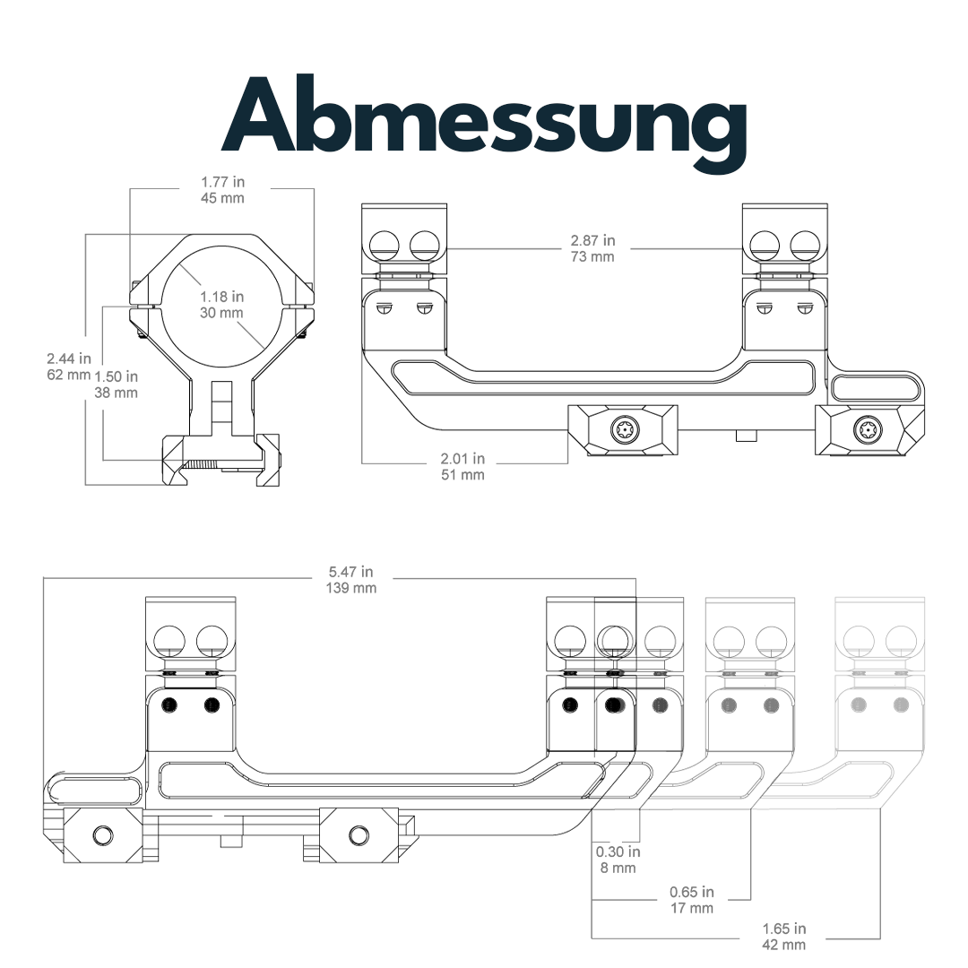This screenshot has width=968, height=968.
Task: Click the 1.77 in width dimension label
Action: tap(222, 182)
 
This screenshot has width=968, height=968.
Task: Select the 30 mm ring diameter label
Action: tap(222, 313)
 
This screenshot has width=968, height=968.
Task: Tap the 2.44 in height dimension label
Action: tap(70, 359)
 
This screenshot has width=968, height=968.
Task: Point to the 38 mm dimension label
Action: tap(116, 393)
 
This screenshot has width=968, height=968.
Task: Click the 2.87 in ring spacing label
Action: tap(592, 241)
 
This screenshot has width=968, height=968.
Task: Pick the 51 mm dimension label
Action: tap(462, 474)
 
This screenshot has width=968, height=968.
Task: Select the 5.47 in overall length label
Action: tap(351, 572)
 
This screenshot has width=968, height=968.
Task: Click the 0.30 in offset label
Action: tap(618, 852)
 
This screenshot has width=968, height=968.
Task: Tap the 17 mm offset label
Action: tap(691, 908)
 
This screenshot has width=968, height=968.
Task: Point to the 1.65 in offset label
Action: tap(783, 929)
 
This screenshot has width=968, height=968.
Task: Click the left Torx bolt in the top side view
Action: tap(624, 430)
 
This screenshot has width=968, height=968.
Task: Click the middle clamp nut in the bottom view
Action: tap(359, 835)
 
